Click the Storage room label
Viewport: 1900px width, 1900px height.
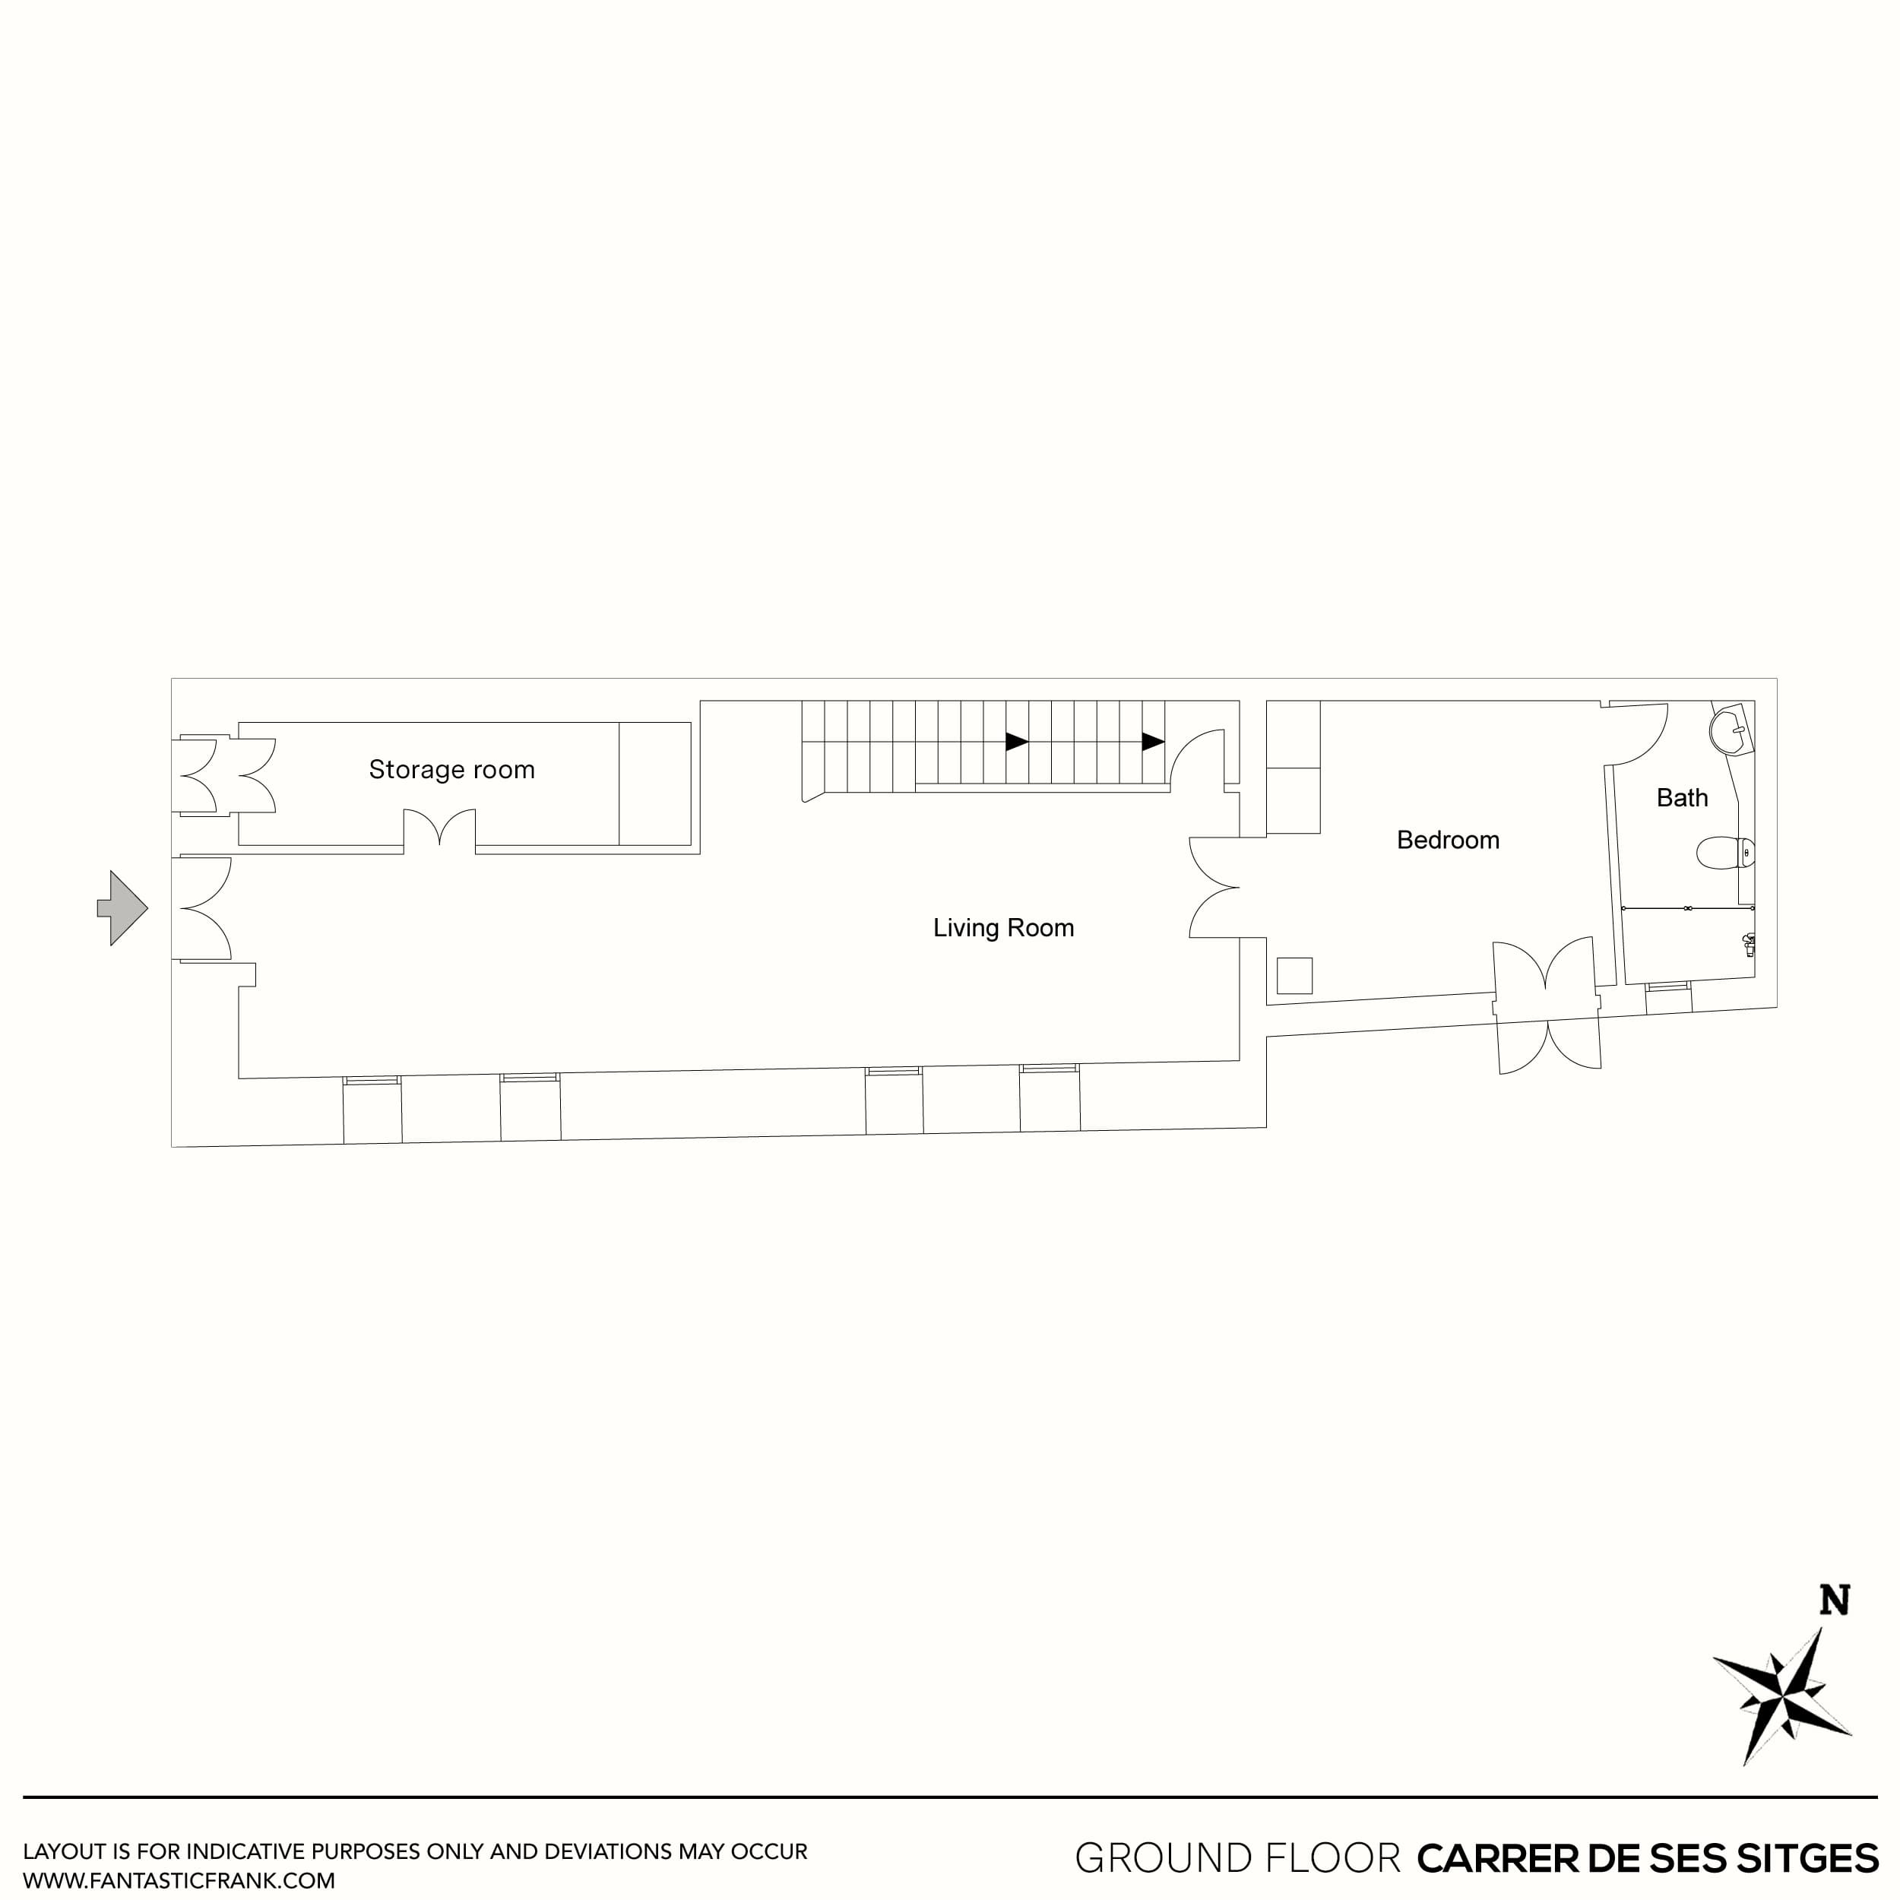(451, 769)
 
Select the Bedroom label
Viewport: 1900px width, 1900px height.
(1448, 840)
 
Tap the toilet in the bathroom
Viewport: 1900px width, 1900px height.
(1726, 853)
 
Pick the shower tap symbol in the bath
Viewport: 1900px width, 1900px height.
(1747, 945)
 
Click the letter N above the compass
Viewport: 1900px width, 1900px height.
(1834, 1600)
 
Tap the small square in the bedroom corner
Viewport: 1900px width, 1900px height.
(1294, 976)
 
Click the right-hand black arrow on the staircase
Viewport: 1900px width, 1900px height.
(1153, 742)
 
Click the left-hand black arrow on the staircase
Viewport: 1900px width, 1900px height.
(1017, 742)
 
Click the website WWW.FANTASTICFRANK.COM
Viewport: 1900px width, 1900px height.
(179, 1880)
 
